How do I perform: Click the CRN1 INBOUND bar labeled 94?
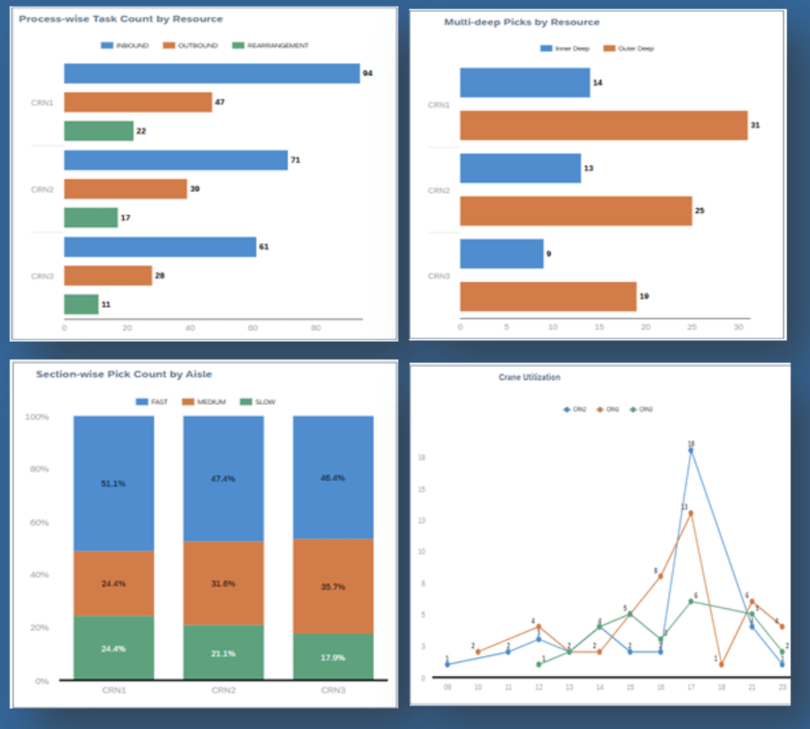coord(211,74)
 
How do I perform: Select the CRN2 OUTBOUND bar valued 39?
coord(126,189)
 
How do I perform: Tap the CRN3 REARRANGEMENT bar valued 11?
coord(81,304)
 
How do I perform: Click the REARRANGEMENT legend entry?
coord(271,46)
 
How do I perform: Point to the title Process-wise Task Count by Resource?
coord(121,19)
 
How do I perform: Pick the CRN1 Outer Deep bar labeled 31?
coord(603,126)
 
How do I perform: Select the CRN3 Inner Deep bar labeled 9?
coord(501,254)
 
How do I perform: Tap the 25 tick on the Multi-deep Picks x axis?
coord(692,327)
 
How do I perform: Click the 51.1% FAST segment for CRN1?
coord(113,484)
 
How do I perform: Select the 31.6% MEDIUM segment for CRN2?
coord(223,583)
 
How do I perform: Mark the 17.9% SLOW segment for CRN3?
coord(333,656)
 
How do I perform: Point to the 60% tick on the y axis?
coord(38,522)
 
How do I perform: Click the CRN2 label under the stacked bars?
coord(223,691)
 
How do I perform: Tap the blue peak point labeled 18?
coord(691,450)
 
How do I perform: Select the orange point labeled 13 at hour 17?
coord(691,513)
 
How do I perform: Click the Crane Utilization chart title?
coord(529,377)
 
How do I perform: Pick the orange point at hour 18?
coord(721,664)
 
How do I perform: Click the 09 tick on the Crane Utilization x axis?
coord(447,687)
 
